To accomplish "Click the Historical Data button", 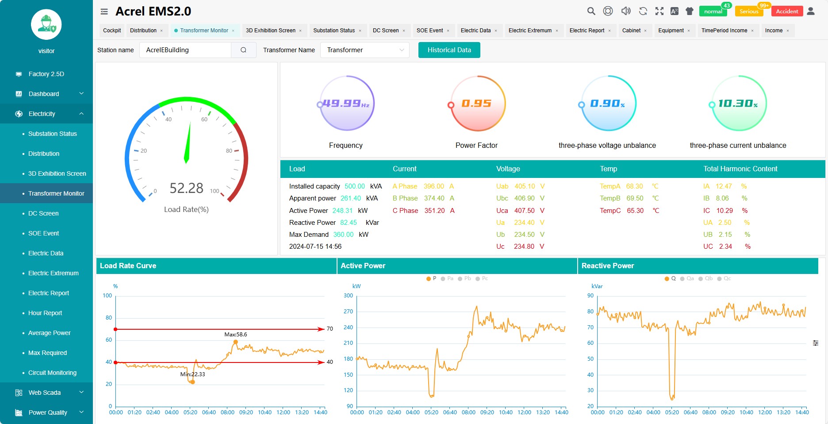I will (449, 50).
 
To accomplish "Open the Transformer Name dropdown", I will (364, 50).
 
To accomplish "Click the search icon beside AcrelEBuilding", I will (243, 50).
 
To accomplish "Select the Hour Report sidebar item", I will (45, 313).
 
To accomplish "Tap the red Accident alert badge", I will (787, 12).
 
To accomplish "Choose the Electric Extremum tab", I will (530, 31).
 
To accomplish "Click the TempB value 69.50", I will (635, 198).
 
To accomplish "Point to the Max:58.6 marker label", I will (235, 335).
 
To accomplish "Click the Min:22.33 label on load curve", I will (192, 374).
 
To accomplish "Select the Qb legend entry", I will (709, 278).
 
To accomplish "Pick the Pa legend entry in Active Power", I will (450, 278).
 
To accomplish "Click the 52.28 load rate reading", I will (186, 189).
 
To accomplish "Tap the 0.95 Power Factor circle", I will (476, 104).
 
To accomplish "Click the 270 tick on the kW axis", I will (349, 312).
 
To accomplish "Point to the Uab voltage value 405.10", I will (525, 186).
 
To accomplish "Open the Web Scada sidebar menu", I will (45, 393).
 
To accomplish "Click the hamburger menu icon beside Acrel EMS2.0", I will (104, 12).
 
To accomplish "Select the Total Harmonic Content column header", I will (740, 169).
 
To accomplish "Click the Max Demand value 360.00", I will (343, 235).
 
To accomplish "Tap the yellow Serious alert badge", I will (748, 12).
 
